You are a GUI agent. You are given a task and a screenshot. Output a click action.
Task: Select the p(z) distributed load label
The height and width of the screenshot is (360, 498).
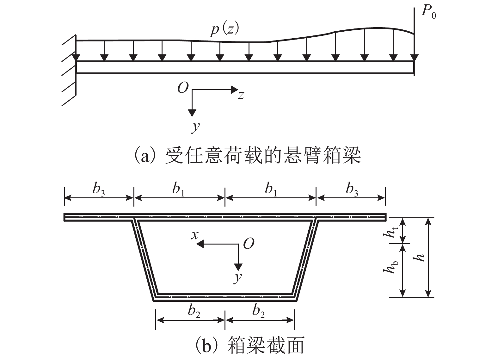click(225, 30)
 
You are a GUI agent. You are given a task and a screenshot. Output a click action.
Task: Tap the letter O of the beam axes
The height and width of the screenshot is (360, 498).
click(183, 88)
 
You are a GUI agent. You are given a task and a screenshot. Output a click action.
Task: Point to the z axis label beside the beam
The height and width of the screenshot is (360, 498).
click(241, 95)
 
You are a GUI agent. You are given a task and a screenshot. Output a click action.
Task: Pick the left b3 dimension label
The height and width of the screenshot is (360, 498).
click(98, 189)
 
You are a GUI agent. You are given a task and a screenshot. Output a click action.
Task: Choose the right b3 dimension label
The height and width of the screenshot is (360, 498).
click(351, 189)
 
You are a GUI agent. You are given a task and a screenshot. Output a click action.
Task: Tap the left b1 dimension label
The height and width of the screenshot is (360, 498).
click(178, 189)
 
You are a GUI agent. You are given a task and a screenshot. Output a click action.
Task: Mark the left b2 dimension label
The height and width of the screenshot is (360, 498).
click(194, 311)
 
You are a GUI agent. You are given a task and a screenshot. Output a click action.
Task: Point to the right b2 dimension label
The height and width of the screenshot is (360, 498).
click(258, 311)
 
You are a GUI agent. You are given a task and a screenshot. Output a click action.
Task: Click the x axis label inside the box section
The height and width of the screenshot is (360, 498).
click(195, 235)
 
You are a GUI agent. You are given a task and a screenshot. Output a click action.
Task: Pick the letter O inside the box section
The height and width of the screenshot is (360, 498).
click(249, 244)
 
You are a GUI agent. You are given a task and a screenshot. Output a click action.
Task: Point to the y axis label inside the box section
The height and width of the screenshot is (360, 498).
click(238, 277)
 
